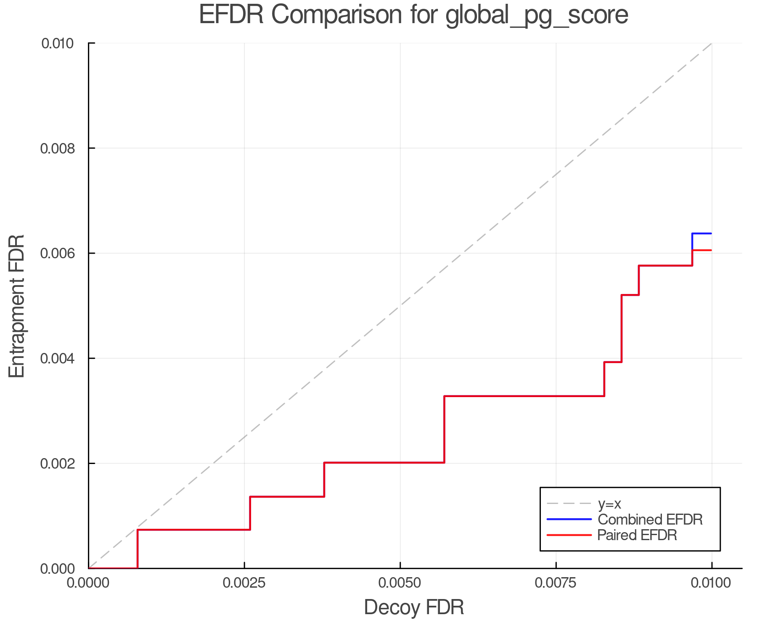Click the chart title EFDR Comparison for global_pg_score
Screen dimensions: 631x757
(x=413, y=15)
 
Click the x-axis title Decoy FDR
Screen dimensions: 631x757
(x=413, y=607)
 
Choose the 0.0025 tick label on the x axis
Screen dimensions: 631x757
(x=244, y=583)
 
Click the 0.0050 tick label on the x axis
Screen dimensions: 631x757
(x=400, y=583)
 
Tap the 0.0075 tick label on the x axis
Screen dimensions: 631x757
(x=556, y=583)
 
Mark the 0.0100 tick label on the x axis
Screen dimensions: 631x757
(x=712, y=583)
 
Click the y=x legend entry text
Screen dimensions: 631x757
(x=609, y=504)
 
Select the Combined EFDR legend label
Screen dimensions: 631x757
(x=650, y=520)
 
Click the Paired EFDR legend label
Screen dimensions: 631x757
(x=637, y=535)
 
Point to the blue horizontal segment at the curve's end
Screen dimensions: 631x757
(x=702, y=233)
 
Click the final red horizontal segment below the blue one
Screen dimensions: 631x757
(x=702, y=250)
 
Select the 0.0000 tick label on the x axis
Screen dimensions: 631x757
(x=88, y=583)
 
